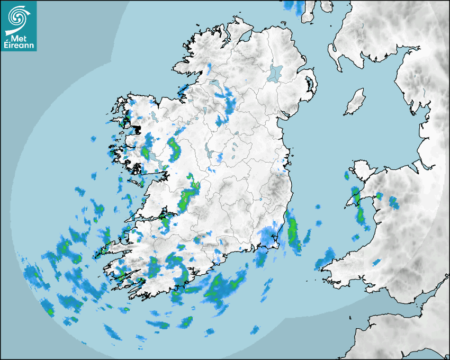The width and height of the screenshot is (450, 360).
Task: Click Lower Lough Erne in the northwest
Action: click(x=215, y=85)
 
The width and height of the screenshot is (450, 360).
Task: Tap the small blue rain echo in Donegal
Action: click(x=209, y=68)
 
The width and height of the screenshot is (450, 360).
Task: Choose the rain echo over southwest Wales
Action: click(x=324, y=259)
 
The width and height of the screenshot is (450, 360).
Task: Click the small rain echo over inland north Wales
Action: click(x=393, y=202)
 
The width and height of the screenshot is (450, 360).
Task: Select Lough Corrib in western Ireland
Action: click(x=155, y=158)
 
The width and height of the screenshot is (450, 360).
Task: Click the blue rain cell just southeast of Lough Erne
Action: click(x=230, y=103)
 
